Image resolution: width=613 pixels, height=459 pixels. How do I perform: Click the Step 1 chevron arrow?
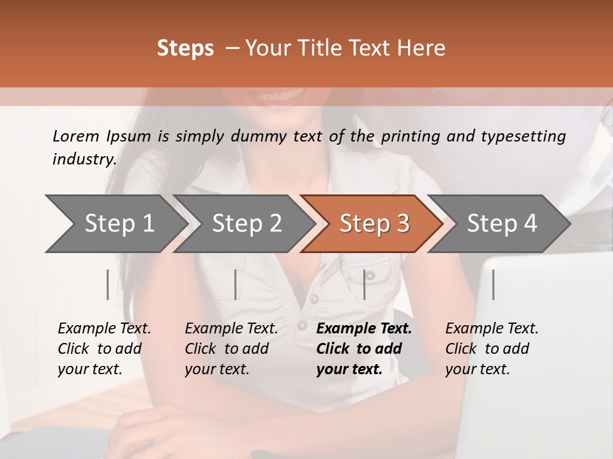pos(115,224)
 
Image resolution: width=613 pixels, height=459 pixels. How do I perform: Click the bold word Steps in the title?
pos(185,48)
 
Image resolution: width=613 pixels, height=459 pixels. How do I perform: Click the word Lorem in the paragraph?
pos(75,136)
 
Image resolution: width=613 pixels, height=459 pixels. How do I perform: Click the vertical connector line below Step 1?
pos(108,284)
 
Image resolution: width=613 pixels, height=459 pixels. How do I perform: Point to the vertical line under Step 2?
pos(236,284)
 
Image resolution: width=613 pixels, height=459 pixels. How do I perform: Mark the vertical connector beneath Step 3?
pos(364,284)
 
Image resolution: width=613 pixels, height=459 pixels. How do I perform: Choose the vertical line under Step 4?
pos(493,284)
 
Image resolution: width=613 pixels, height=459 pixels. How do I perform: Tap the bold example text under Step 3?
pos(363,349)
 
